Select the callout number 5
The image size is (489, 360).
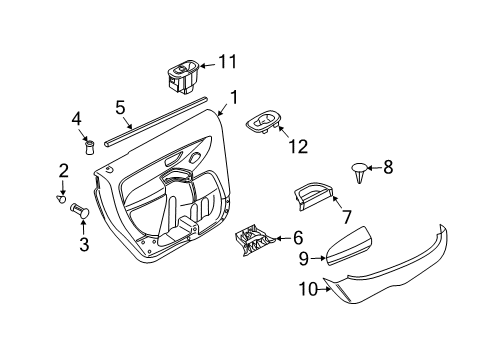click(x=120, y=106)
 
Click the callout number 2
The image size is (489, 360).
click(x=63, y=171)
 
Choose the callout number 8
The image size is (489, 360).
click(x=389, y=167)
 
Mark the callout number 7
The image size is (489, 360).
click(x=346, y=217)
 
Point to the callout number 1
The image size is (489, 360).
click(x=234, y=97)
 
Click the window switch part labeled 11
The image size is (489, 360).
click(x=183, y=75)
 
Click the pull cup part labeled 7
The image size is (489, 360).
click(x=314, y=196)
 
